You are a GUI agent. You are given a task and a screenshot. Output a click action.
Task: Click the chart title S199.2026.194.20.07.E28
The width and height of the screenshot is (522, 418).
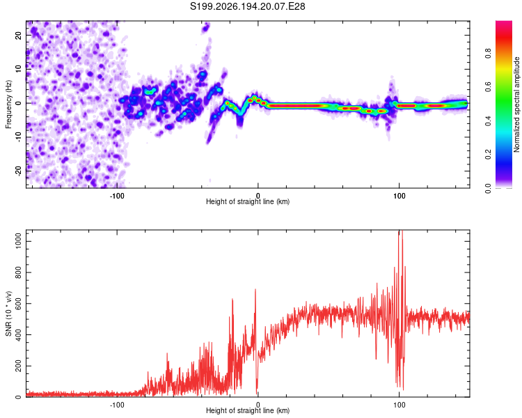pos(247,6)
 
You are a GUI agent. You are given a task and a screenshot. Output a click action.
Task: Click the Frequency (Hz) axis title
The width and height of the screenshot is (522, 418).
pos(8,104)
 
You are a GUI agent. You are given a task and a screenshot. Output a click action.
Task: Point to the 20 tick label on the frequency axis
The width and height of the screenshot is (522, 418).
pos(19,36)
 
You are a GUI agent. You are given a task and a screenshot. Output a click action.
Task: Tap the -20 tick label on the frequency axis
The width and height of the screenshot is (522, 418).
pos(19,171)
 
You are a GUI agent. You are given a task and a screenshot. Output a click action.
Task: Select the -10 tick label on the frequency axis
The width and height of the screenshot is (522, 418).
pos(19,137)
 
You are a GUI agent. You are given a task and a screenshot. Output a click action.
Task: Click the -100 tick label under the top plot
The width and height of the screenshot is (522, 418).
pos(116,196)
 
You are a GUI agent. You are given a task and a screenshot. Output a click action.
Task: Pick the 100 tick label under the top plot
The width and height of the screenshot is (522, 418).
pos(399,196)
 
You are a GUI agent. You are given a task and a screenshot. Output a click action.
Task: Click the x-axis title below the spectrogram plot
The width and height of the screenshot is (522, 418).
pos(248,201)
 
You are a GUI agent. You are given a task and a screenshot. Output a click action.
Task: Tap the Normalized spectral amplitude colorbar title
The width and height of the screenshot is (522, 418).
pos(516,104)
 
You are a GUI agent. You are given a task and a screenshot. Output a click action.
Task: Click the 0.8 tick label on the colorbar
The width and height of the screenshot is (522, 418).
pos(488,54)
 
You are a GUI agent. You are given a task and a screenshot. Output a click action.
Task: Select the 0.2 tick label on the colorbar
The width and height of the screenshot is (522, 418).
pos(488,155)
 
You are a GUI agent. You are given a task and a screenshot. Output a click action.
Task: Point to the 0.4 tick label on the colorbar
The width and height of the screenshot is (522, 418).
pos(488,121)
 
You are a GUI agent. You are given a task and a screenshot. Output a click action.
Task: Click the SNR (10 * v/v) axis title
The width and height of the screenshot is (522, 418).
pos(8,313)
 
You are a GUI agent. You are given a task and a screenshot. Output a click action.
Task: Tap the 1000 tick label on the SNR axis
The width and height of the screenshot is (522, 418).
pos(19,241)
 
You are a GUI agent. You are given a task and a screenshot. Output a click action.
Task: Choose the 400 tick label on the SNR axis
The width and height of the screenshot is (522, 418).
pos(19,334)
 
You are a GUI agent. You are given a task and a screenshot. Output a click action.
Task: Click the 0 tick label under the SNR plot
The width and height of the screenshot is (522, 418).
pos(258,405)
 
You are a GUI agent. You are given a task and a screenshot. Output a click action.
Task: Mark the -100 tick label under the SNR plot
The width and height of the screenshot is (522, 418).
pos(116,405)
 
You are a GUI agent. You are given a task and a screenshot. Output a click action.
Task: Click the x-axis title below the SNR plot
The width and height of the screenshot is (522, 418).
pos(248,410)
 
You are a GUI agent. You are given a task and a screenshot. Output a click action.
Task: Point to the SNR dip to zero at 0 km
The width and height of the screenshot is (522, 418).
pos(257,393)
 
